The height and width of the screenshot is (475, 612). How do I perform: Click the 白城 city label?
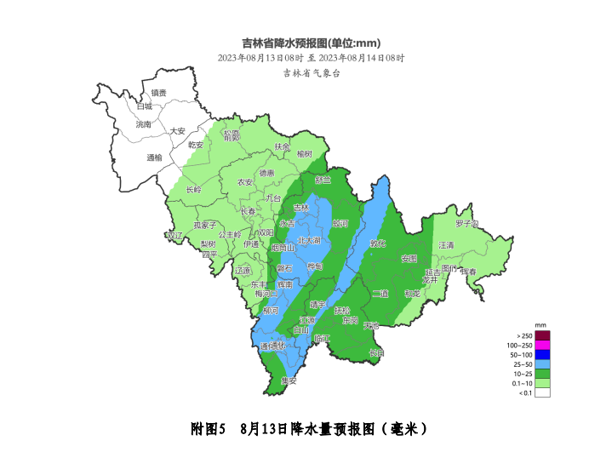coord(144,106)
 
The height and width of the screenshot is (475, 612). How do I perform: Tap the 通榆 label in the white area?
coord(154,157)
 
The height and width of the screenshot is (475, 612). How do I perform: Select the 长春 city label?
coord(248,211)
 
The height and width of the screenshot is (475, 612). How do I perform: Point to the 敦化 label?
coord(378,243)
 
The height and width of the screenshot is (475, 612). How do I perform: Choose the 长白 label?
coord(376,352)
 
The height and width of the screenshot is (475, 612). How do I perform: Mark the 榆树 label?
coord(305,154)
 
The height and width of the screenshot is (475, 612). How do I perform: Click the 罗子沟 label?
coord(466,224)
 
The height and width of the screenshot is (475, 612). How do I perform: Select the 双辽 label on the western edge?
coord(174,235)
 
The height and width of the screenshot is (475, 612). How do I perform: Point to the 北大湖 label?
coord(310,241)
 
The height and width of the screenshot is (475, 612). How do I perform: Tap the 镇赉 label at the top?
coord(159,93)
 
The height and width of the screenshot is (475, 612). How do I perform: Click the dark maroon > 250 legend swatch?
coord(542,335)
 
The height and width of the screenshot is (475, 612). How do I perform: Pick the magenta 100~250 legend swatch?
coord(542,345)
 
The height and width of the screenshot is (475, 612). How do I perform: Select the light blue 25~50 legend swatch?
coord(542,364)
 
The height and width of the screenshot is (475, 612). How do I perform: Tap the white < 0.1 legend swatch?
coord(542,392)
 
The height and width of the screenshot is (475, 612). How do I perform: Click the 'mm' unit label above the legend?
coord(540,326)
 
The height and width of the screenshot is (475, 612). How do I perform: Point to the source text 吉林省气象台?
coord(312,74)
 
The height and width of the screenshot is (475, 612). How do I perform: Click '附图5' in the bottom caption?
coord(208,429)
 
